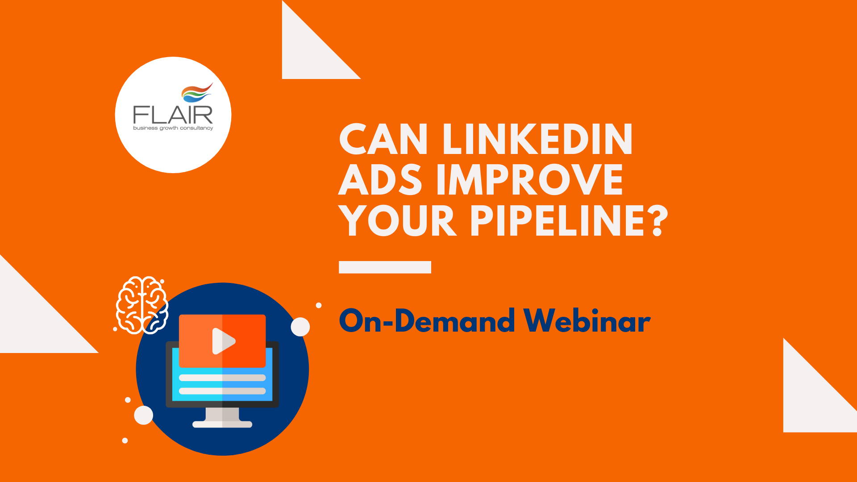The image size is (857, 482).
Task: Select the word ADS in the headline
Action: pos(380,179)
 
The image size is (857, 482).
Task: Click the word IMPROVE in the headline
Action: pos(530,179)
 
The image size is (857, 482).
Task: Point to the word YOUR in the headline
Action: pos(398,220)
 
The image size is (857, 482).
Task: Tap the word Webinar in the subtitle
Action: pos(587,320)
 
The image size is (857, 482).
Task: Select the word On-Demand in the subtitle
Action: pos(427,320)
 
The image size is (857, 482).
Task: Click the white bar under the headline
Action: pos(385,267)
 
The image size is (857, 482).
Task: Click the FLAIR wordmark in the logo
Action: pos(173,115)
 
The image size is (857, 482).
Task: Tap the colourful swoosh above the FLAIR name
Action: pos(197,92)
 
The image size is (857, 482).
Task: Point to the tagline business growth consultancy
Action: pos(173,128)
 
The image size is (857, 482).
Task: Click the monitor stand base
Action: pos(222,424)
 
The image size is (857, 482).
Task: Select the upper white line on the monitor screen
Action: pos(222,378)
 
